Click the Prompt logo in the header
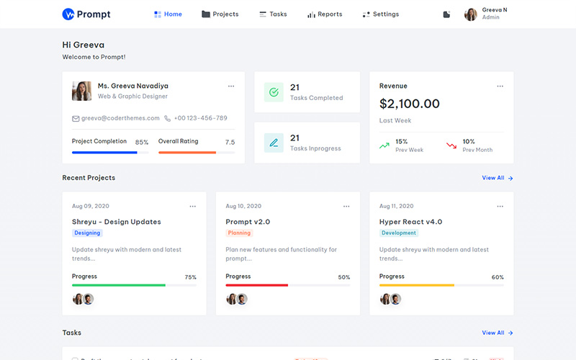pos(86,14)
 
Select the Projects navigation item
pos(220,14)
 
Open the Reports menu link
pos(325,14)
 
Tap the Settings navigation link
pos(381,14)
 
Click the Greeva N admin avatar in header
pos(471,14)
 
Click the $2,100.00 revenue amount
pos(410,104)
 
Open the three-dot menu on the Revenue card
pos(500,86)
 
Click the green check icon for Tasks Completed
pos(274,92)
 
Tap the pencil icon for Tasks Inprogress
pos(274,143)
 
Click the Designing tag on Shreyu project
pos(87,233)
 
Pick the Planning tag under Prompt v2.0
pos(239,233)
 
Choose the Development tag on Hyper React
pos(399,233)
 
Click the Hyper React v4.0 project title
pos(410,222)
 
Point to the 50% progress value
pos(344,277)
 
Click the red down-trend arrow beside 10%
pos(451,145)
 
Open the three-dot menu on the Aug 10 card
pos(346,207)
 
